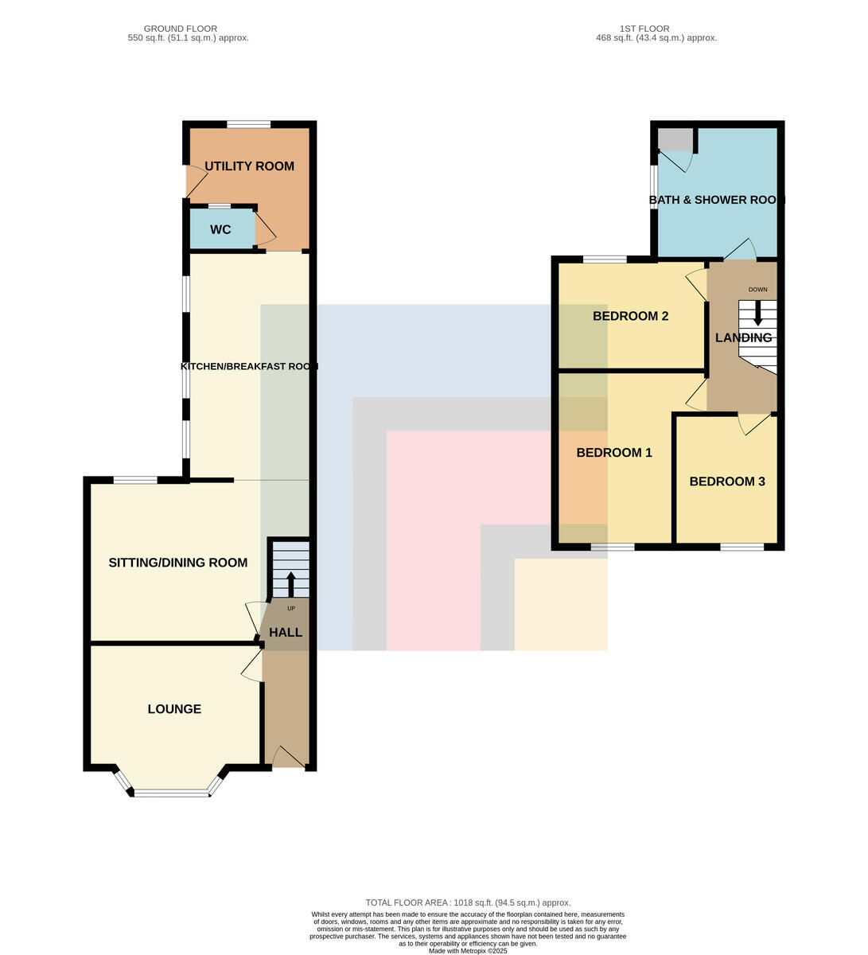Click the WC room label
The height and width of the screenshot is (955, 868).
tap(220, 229)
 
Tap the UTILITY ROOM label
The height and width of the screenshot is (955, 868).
tap(249, 166)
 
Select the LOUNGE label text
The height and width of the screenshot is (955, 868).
tap(174, 709)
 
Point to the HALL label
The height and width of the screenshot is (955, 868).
tap(285, 632)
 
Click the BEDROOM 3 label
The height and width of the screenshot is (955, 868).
tap(727, 481)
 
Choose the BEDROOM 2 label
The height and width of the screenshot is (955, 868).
tap(630, 316)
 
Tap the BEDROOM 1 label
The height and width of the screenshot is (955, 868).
tap(614, 452)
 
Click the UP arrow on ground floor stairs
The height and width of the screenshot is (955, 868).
tap(290, 584)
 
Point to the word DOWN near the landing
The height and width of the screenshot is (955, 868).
tap(757, 290)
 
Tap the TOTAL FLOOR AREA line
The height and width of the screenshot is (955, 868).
tap(468, 902)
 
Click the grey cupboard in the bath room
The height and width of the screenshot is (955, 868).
tap(675, 139)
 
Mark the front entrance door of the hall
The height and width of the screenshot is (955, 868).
tap(289, 757)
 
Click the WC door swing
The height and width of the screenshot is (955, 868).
tap(265, 229)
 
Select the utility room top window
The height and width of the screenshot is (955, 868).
tap(248, 125)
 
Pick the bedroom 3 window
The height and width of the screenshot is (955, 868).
tap(741, 547)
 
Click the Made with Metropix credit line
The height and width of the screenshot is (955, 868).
tap(468, 951)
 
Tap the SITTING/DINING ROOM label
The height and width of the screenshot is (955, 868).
tap(178, 563)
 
